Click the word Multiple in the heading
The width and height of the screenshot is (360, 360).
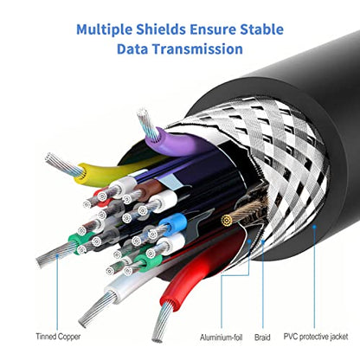tap(104, 29)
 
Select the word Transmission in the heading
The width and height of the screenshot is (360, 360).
tap(197, 48)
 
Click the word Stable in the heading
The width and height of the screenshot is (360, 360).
tap(262, 29)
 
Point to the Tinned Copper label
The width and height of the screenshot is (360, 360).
tap(58, 337)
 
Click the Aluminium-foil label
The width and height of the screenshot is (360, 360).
tap(222, 337)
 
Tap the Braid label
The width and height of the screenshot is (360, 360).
tap(262, 337)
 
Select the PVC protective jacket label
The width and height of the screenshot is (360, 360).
tap(316, 337)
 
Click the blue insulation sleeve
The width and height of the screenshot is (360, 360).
tap(172, 222)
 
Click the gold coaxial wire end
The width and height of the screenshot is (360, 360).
tap(227, 221)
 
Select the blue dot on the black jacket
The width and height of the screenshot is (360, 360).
tap(314, 227)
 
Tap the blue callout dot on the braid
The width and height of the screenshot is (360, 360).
tap(263, 241)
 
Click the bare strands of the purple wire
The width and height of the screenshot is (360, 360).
tap(148, 125)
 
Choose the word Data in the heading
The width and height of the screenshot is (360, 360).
tap(132, 48)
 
